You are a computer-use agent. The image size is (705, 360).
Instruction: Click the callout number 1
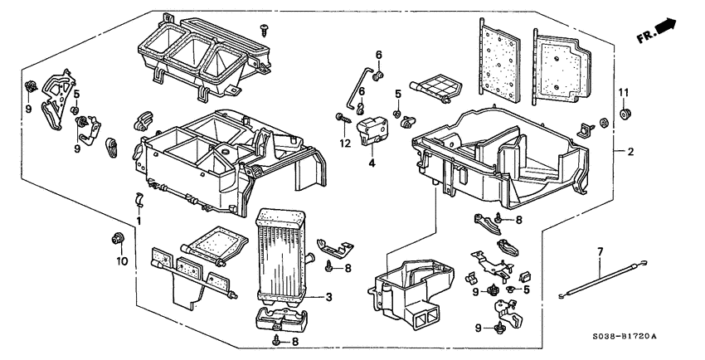click(x=139, y=222)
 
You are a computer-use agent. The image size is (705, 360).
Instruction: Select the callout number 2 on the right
click(x=630, y=152)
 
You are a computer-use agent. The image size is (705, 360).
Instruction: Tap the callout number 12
click(x=339, y=142)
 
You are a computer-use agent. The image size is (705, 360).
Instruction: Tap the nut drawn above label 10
click(x=117, y=241)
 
